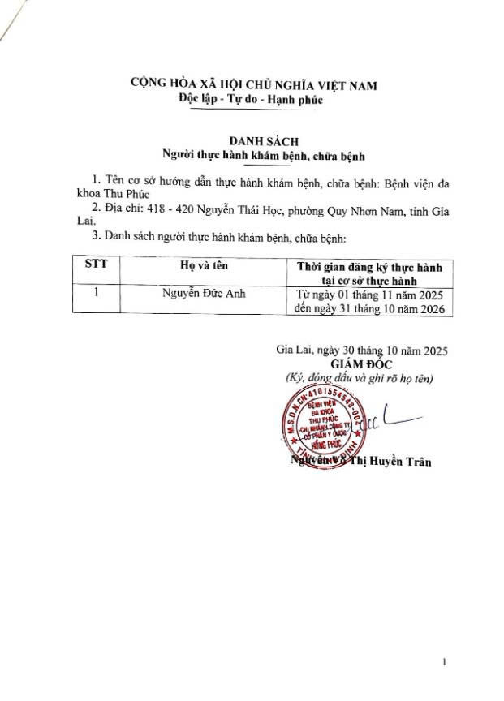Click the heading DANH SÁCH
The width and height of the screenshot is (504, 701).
(252, 141)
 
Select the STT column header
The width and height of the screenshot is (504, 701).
(96, 264)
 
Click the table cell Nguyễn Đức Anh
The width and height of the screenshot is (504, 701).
(204, 294)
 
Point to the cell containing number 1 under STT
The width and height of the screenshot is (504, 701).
(96, 294)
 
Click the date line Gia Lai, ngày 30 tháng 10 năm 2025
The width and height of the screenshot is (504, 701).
(362, 350)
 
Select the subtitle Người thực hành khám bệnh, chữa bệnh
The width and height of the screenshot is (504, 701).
(252, 154)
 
